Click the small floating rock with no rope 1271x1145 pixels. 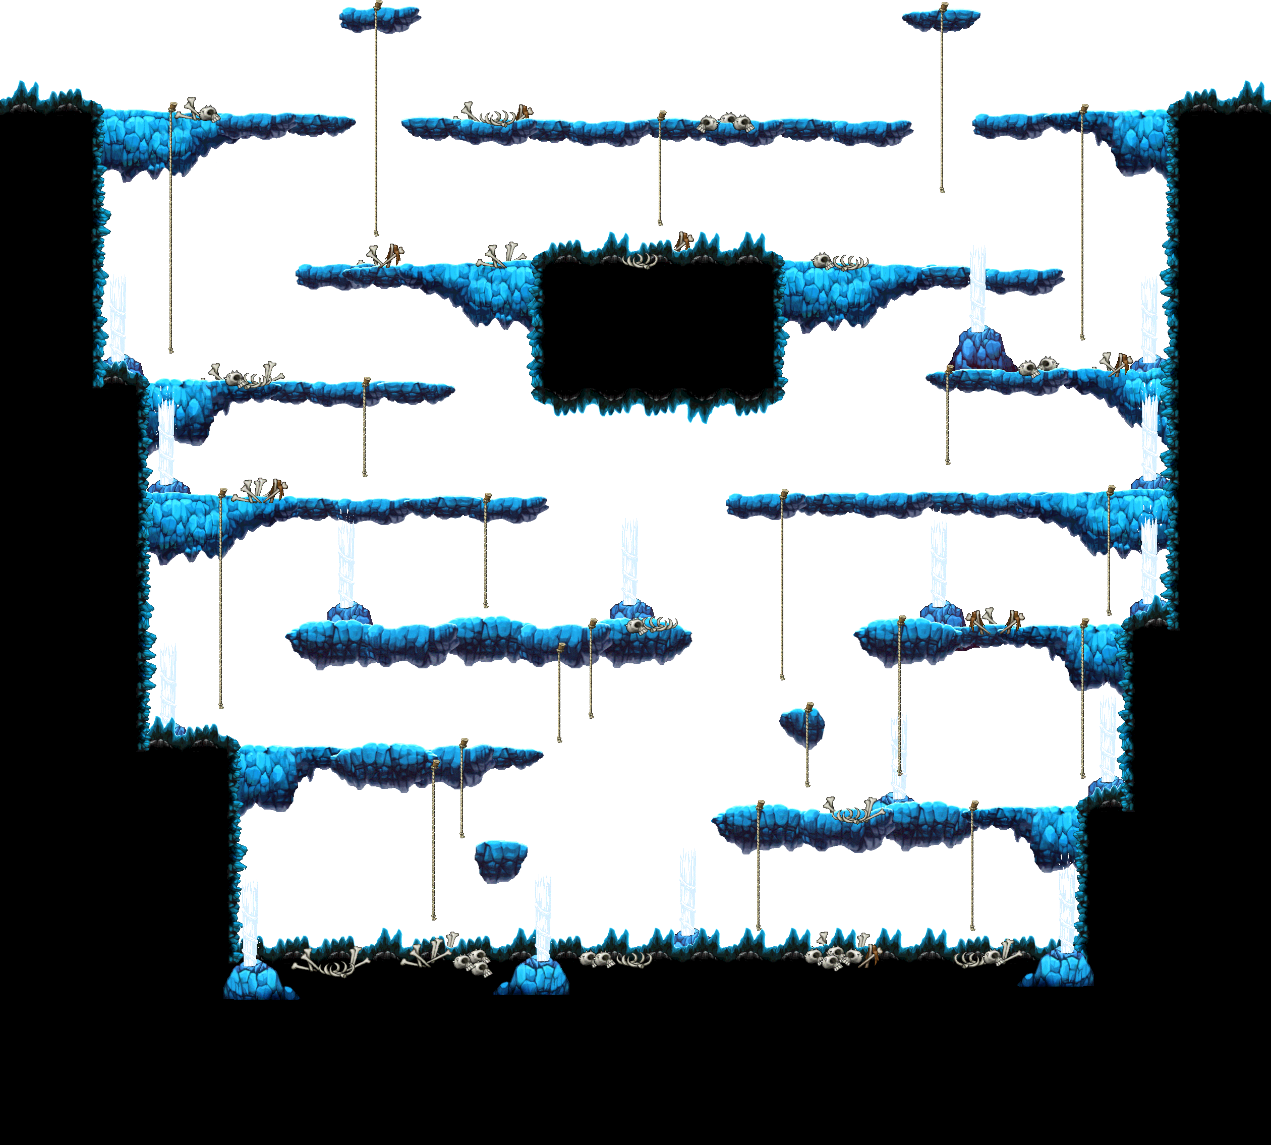tap(501, 860)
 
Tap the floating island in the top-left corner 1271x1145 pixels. tap(380, 19)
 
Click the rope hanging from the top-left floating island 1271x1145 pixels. tap(376, 126)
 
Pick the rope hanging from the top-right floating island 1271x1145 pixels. tap(942, 107)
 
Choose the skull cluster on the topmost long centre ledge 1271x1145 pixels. tap(727, 123)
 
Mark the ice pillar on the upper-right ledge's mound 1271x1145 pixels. tap(977, 287)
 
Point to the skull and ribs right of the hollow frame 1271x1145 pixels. tap(840, 262)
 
